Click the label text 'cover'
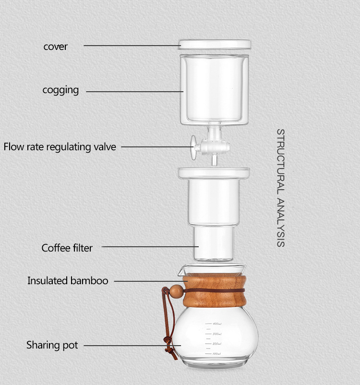coord(55,47)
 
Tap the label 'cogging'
coord(60,90)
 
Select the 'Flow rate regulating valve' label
coord(60,147)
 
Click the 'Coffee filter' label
coord(67,248)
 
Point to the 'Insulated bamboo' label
coord(68,281)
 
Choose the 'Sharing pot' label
coord(52,345)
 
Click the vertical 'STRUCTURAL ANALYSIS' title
coord(281,188)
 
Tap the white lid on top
coord(215,45)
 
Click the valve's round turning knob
coord(193,147)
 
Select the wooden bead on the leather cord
coord(176,291)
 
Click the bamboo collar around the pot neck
coord(215,291)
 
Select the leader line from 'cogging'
coord(134,92)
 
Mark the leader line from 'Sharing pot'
coord(132,346)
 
